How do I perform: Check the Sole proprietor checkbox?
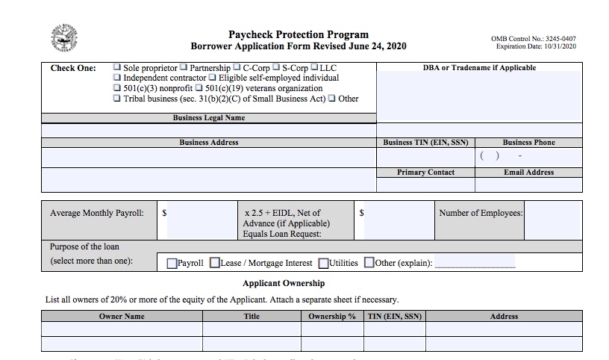(117, 68)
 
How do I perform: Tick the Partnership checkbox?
(184, 68)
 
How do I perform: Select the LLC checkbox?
(314, 68)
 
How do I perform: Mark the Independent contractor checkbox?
(117, 78)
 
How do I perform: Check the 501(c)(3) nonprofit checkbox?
(117, 88)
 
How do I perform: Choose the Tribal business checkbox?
(117, 99)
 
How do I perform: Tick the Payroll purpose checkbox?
(172, 263)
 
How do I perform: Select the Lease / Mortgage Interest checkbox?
(215, 263)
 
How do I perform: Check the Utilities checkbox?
(323, 263)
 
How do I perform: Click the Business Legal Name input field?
(208, 131)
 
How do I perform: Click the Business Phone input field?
(528, 157)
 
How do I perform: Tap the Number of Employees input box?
(552, 220)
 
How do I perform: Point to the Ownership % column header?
(332, 317)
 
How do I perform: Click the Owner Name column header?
(122, 317)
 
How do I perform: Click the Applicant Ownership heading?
(284, 284)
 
